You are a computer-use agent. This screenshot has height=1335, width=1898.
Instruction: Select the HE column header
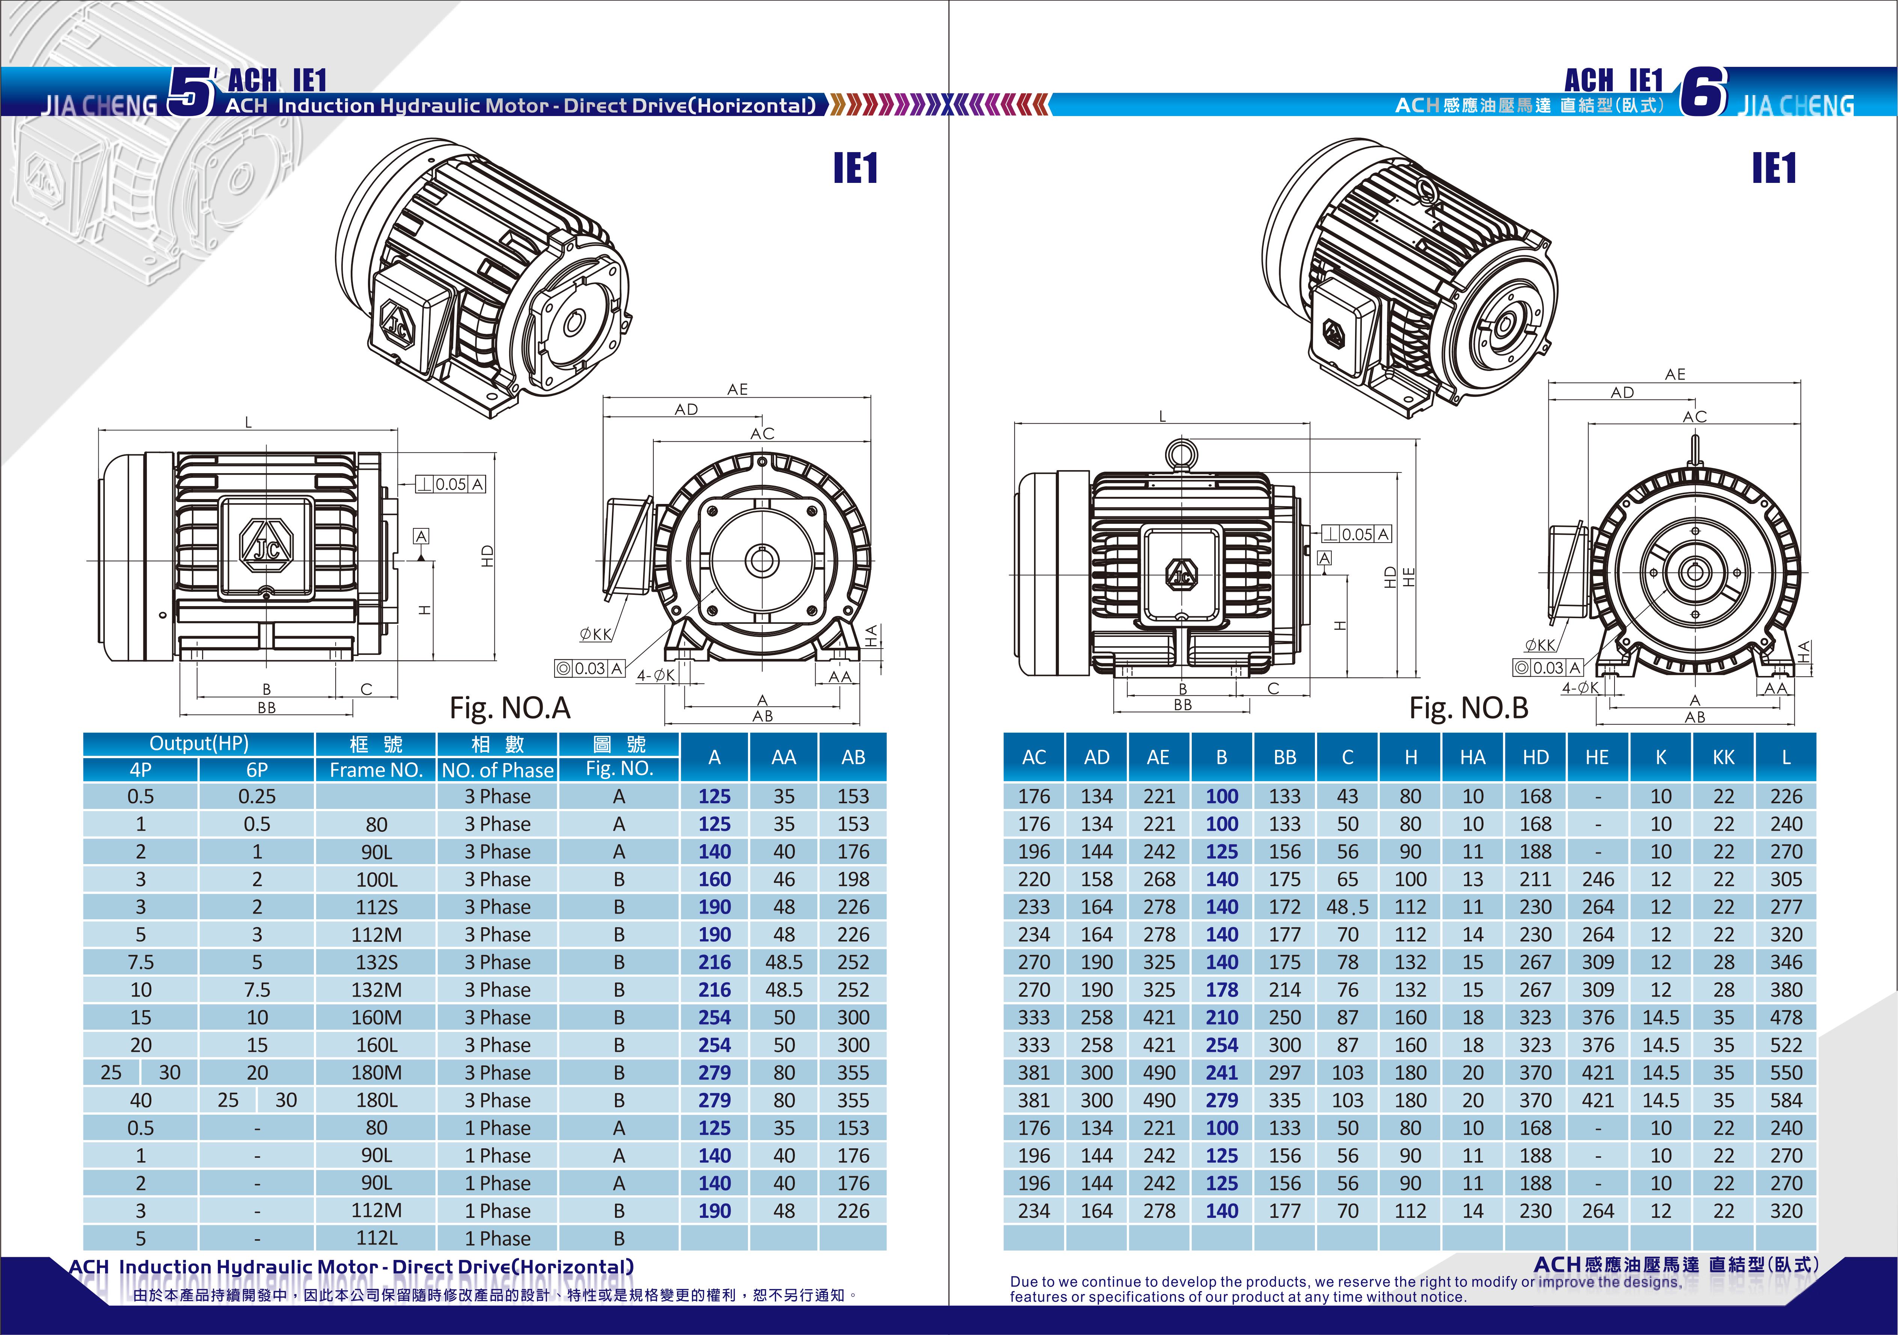[1597, 757]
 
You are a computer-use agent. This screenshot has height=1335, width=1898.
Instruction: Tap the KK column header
[1723, 757]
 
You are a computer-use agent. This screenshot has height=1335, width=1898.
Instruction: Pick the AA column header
[784, 757]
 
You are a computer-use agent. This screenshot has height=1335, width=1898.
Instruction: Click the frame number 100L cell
[376, 879]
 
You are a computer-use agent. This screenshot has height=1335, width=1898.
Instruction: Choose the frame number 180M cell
[376, 1073]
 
